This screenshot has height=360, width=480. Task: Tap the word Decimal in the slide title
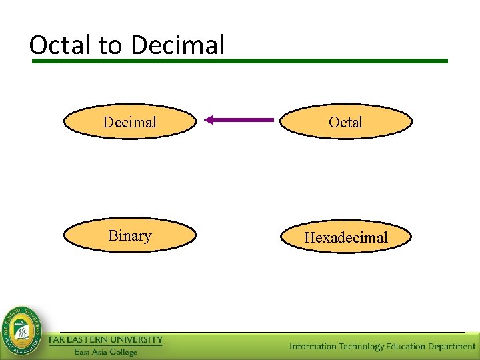tap(178, 45)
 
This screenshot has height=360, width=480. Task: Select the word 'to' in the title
tap(111, 45)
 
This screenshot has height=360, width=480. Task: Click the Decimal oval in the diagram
tap(130, 122)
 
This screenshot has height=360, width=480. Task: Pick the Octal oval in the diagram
tap(345, 122)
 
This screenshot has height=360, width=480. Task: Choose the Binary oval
tap(130, 236)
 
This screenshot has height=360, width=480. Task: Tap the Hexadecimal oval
tap(345, 237)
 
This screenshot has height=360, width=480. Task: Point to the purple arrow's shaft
tap(247, 120)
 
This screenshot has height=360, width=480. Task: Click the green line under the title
tap(240, 61)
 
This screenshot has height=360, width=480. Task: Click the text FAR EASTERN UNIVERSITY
tap(105, 340)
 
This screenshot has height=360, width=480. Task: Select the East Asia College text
tap(105, 352)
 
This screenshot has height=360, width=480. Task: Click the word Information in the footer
tap(313, 346)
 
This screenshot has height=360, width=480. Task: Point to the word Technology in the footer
tap(362, 346)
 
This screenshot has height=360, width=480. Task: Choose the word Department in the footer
tap(451, 346)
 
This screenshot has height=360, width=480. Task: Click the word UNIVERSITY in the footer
tap(136, 340)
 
